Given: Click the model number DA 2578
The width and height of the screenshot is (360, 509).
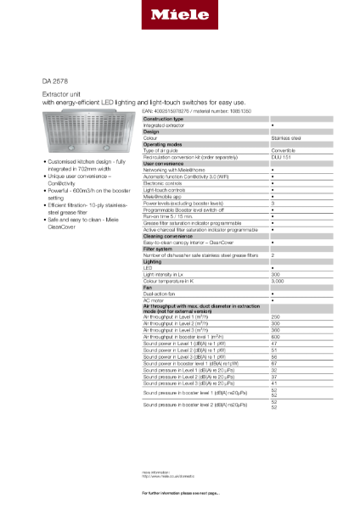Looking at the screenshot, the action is [55, 81].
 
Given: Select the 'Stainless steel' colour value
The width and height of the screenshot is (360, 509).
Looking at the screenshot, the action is [284, 137].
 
